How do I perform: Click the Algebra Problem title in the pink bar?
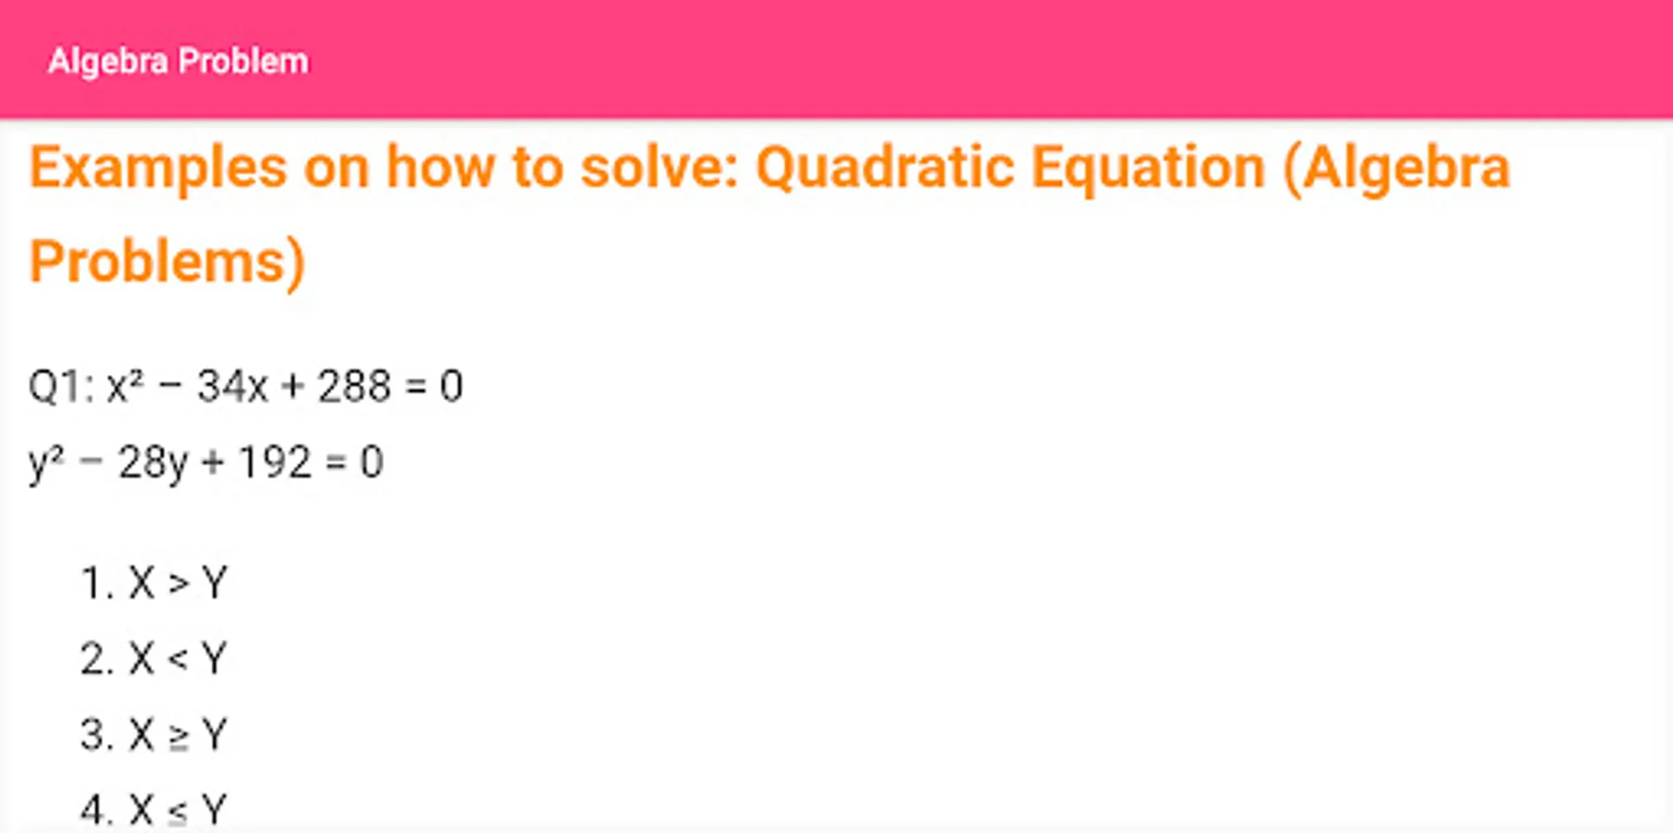178,61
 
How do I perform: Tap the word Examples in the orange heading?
158,168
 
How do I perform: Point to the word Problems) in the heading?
168,262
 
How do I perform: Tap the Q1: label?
61,386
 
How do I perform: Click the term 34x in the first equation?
232,386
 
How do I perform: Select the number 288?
354,386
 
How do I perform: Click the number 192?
274,462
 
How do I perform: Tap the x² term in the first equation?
125,385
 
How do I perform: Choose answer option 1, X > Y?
154,583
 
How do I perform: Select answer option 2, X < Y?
154,659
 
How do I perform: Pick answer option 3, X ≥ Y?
154,735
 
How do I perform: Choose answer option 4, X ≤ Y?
154,811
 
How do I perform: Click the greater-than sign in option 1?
178,584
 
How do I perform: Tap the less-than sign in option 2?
178,660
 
